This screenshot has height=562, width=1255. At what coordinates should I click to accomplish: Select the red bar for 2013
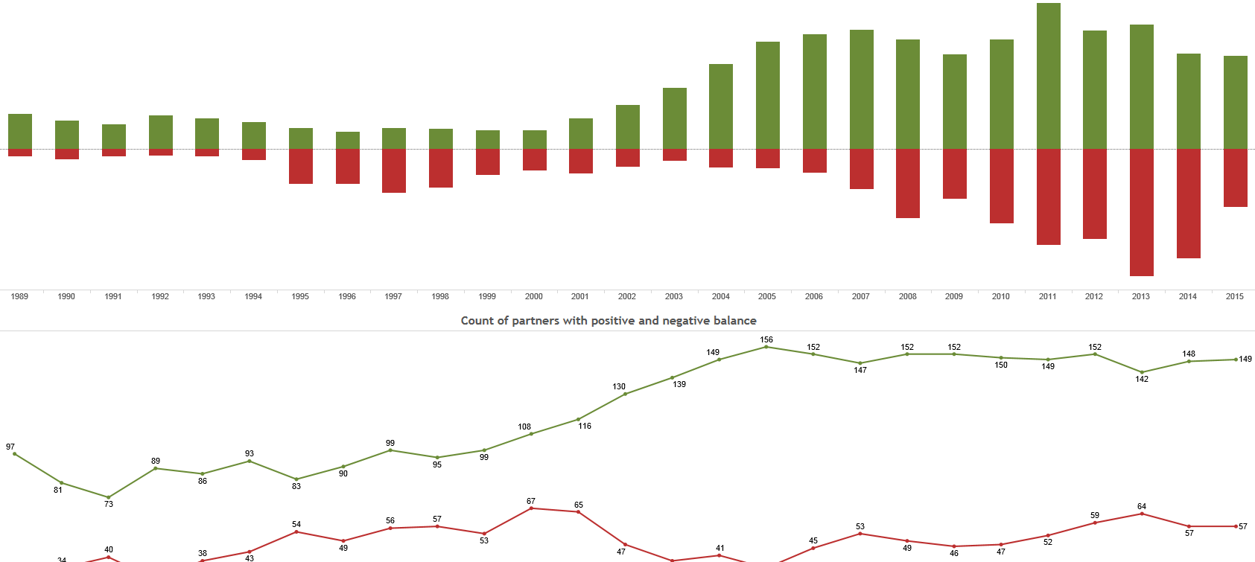1141,212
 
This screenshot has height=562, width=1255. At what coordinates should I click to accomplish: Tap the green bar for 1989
20,131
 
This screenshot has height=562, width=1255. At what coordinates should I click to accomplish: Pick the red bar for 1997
394,170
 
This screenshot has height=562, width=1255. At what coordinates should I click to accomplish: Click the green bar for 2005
767,95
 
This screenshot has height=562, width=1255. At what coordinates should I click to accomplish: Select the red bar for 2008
907,183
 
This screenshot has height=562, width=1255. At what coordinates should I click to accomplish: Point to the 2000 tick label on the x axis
533,296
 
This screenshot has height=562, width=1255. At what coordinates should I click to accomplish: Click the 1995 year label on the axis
300,296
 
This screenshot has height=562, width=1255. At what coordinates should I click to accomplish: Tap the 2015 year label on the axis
1234,296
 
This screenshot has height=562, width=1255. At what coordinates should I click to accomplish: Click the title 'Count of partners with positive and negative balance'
609,321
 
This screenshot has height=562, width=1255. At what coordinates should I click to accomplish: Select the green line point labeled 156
766,347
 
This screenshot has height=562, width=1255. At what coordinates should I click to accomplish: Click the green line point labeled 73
109,497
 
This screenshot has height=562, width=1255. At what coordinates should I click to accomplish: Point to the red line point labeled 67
531,508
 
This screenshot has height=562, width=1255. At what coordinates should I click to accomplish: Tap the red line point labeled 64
1142,514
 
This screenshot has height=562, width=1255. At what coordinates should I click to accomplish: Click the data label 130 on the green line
619,386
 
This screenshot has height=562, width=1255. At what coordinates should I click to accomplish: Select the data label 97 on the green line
10,447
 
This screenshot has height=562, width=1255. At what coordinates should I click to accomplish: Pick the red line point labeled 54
296,532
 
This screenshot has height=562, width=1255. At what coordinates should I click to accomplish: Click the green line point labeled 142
1142,372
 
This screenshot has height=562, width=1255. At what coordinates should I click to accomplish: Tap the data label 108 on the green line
524,427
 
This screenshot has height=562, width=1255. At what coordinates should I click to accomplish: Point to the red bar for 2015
1235,178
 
